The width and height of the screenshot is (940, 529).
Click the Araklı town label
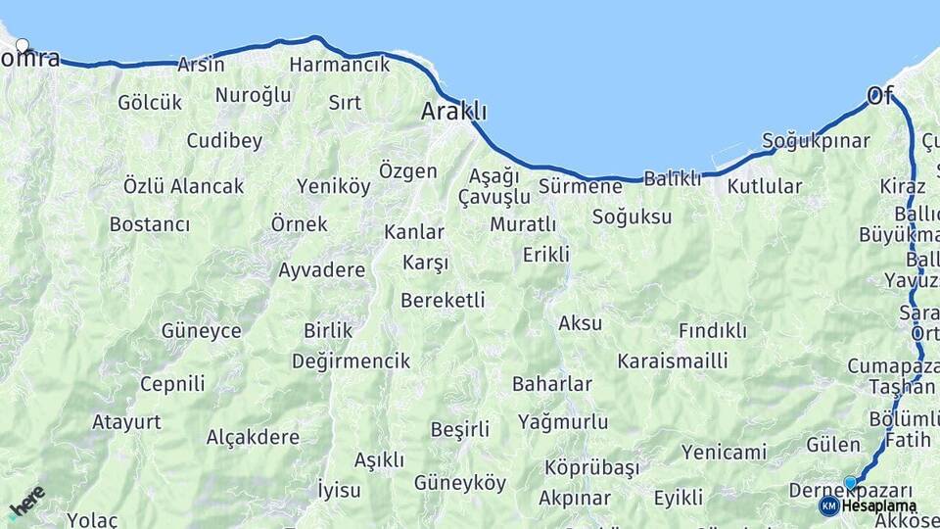pos(453,112)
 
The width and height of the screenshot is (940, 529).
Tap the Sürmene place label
pos(580,186)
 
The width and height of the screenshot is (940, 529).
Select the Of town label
pos(880,96)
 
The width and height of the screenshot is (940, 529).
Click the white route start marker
pos(23,45)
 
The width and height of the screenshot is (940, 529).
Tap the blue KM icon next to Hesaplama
pos(828,505)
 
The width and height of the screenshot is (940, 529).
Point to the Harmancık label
pos(340,66)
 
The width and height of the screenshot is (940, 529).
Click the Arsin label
pos(201,66)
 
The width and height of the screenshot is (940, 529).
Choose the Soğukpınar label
pos(815,141)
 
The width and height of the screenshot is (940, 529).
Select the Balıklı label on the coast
pos(673,178)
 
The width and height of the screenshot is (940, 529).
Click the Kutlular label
pos(765,186)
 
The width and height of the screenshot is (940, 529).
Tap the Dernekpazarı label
pos(852,492)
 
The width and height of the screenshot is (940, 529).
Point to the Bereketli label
pos(443,301)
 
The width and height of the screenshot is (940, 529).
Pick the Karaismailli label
pos(672,361)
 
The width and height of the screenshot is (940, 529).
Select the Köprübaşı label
pos(591,467)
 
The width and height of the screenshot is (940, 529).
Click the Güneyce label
pos(202,331)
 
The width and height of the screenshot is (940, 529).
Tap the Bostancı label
pos(149,224)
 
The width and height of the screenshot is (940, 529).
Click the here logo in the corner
pos(26,501)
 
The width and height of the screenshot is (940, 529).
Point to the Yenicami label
pos(724,452)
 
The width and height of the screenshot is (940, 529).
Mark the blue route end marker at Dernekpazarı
pos(850,482)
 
